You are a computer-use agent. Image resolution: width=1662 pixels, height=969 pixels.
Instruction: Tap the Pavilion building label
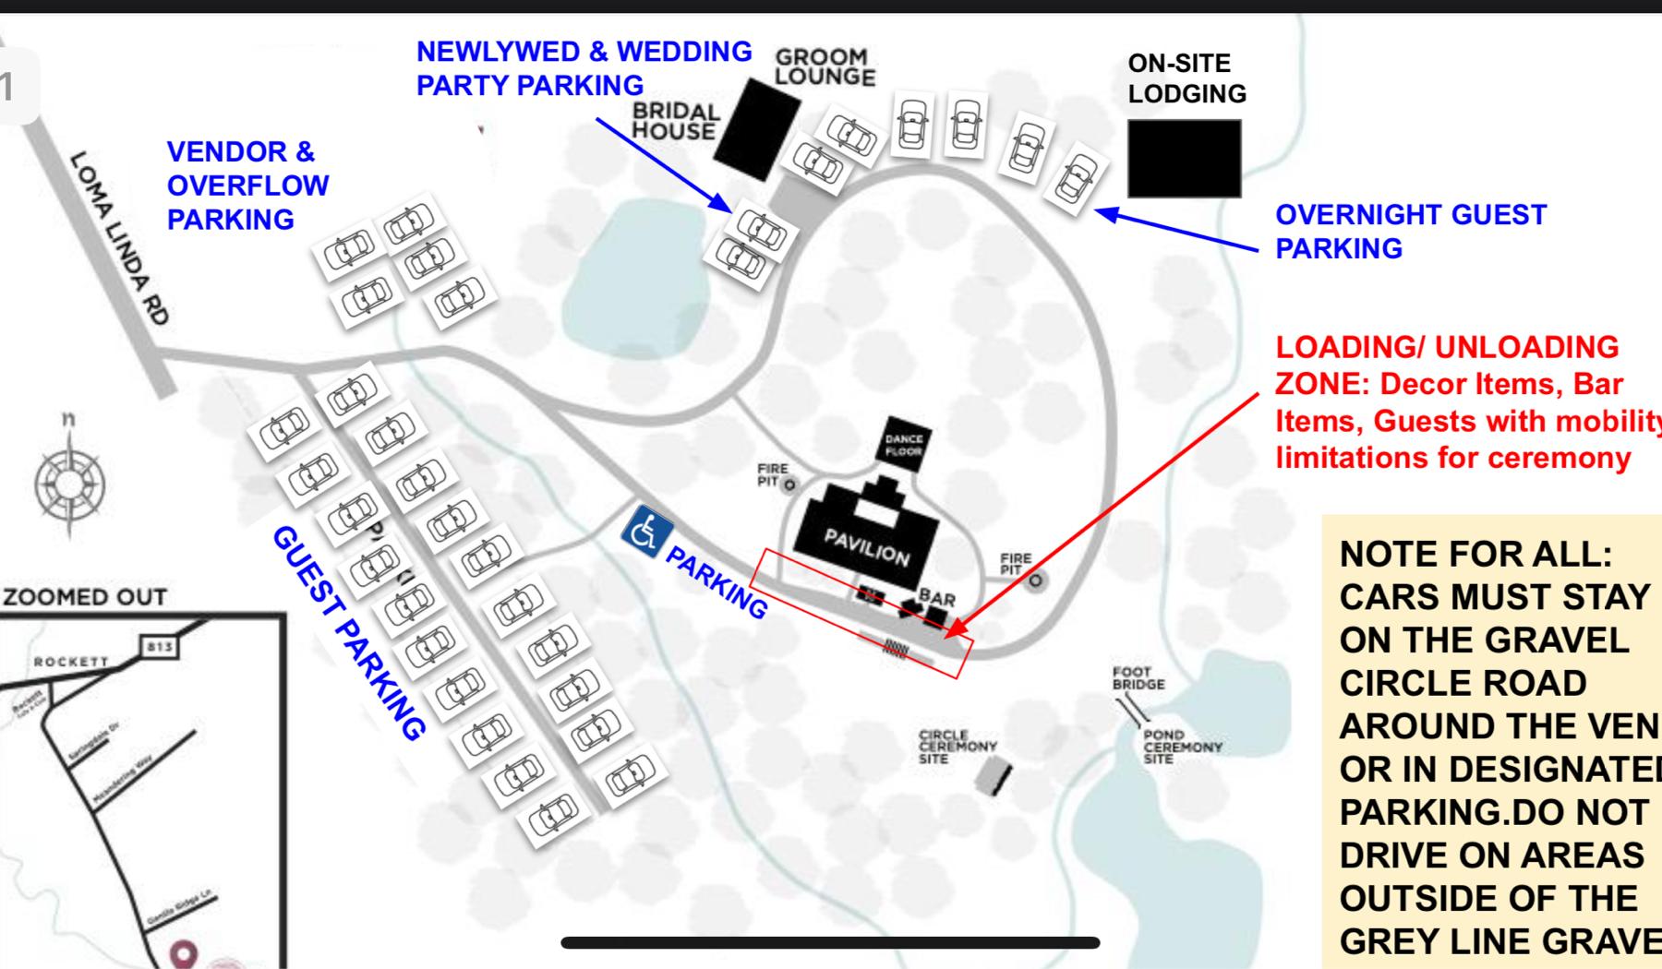click(x=866, y=548)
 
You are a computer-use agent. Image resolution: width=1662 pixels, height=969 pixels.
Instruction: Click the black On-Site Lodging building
click(x=1184, y=158)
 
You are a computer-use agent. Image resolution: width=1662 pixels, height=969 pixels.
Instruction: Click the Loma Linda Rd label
click(x=120, y=238)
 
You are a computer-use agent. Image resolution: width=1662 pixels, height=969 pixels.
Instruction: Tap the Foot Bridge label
click(x=1138, y=678)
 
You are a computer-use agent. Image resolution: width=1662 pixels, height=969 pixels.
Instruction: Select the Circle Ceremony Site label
click(x=957, y=747)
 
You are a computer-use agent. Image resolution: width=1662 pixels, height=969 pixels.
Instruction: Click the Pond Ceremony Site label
click(x=1181, y=747)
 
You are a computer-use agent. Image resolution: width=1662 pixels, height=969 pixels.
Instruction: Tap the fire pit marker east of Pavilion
click(x=1035, y=580)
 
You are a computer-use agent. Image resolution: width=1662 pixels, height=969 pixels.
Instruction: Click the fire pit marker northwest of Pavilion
click(x=789, y=484)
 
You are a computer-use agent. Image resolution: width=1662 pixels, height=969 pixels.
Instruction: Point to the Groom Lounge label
click(x=824, y=68)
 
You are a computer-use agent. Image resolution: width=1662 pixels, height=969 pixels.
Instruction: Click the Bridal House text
click(x=675, y=121)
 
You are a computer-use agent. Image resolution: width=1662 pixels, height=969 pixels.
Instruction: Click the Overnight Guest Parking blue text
click(x=1409, y=231)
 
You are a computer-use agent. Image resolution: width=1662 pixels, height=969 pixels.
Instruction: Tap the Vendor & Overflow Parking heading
click(x=247, y=185)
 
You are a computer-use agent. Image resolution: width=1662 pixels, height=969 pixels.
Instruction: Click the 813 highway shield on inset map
click(x=159, y=646)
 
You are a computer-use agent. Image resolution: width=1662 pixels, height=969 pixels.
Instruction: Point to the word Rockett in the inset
click(x=71, y=662)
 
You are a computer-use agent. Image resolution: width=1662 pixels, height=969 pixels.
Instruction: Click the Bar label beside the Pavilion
click(x=936, y=598)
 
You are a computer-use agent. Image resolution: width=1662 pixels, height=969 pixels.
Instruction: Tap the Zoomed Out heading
click(x=85, y=597)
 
